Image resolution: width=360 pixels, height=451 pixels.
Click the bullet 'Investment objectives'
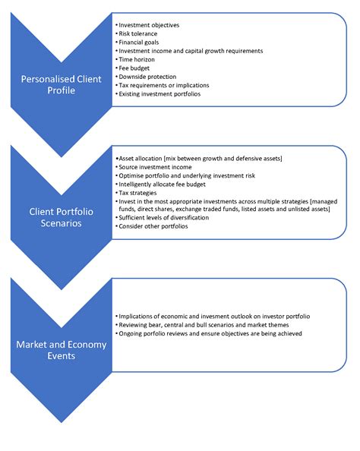point(149,25)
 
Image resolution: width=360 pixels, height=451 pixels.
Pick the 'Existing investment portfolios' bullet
point(161,94)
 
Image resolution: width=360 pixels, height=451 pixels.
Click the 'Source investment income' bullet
point(155,166)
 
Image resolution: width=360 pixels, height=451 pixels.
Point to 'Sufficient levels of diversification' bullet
point(168,217)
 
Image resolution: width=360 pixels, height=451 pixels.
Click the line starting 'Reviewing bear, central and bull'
point(200,324)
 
